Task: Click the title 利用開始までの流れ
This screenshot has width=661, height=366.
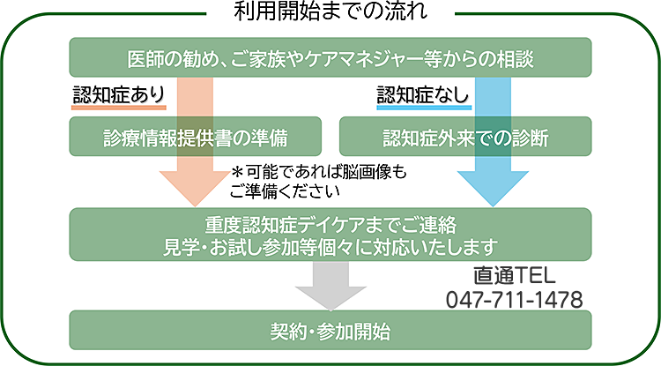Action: [330, 11]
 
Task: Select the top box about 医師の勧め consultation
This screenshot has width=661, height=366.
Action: [330, 58]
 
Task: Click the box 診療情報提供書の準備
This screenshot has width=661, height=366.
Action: [194, 137]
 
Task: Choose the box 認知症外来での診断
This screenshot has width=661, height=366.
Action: [465, 137]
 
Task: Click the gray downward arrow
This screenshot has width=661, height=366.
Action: [330, 284]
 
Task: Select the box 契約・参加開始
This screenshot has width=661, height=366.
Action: [330, 332]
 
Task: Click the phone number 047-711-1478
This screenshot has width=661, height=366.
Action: [516, 299]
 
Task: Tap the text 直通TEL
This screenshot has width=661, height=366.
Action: [516, 275]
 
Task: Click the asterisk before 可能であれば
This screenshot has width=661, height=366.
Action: [238, 171]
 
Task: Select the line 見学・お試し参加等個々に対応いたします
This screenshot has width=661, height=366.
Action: [330, 244]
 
